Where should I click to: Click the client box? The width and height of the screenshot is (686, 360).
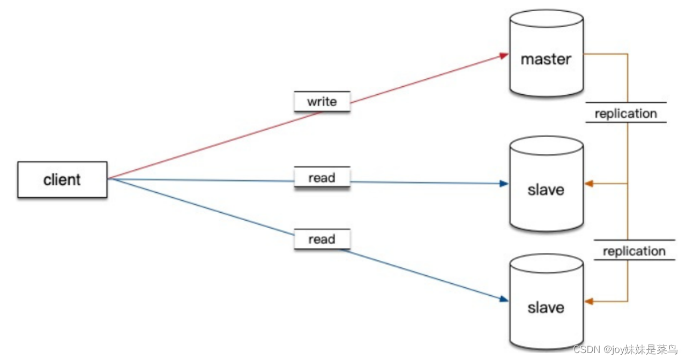coord(63,179)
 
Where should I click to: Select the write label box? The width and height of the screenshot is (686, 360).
coord(322,101)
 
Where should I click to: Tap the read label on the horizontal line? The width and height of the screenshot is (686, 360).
coord(322,177)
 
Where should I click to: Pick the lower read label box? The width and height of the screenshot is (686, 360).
coord(322,239)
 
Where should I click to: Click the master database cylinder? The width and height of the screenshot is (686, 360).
coord(546,53)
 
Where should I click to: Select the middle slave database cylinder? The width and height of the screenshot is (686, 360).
coord(546,184)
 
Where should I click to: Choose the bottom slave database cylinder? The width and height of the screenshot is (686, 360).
coord(546,302)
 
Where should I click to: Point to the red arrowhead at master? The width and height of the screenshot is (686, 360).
coord(504,55)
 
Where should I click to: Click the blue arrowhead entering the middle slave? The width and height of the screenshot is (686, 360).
coord(504,184)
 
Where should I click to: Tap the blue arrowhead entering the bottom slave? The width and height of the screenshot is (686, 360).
coord(504,299)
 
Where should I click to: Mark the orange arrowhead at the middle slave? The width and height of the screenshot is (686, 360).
coord(588,184)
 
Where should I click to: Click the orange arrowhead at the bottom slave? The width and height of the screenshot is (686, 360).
coord(588,302)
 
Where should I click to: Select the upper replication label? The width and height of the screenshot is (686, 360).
coord(626,113)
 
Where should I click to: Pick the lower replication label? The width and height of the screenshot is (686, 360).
coord(634,251)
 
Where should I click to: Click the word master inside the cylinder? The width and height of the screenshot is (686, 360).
coord(546,59)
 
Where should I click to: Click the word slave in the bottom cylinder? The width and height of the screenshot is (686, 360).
coord(546,307)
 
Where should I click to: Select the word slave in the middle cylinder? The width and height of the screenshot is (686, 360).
coord(546,190)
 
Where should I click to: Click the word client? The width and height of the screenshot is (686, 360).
coord(62,179)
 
